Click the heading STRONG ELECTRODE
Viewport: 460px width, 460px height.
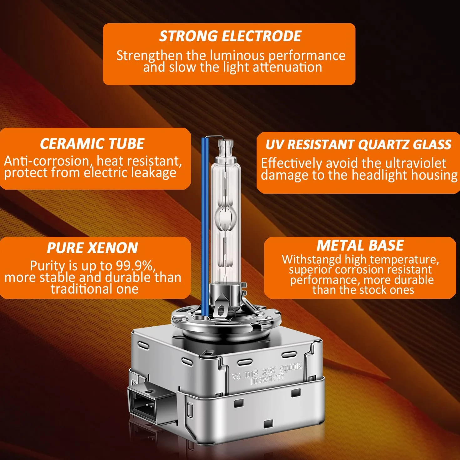tap(230, 36)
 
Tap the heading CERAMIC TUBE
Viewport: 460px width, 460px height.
tap(92, 144)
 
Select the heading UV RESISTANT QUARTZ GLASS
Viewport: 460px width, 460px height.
tap(358, 145)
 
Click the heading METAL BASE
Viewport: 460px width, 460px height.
tap(360, 245)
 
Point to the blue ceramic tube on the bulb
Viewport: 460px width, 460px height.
tap(205, 227)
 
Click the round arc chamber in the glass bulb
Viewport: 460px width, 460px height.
tap(225, 218)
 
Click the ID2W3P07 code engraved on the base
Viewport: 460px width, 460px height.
tap(267, 379)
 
